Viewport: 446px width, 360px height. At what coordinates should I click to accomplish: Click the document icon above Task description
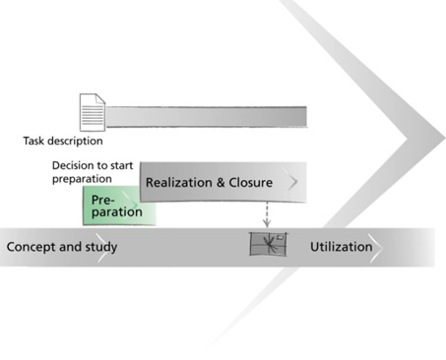pos(93,112)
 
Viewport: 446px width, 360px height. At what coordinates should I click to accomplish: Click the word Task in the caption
pos(33,141)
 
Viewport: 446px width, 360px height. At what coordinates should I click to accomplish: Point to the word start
pos(122,165)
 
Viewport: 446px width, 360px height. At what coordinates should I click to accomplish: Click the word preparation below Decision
pos(82,179)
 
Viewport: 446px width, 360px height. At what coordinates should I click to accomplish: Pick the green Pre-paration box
pos(119,206)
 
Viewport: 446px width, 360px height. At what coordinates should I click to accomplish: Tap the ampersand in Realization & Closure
pos(221,183)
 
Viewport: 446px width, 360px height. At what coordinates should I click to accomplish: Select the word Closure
pos(250,182)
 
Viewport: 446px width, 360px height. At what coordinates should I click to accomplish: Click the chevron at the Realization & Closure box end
pos(290,182)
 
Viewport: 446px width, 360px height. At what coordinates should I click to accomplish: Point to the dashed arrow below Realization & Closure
pos(267,214)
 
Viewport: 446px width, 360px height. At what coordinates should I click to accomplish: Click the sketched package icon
pos(268,244)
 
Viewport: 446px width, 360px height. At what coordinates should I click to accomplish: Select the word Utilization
pos(342,247)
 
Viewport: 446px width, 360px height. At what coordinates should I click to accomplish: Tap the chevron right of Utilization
pos(375,248)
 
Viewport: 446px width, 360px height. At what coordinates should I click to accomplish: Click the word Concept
pos(28,247)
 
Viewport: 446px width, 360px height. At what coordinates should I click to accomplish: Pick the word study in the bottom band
pos(101,247)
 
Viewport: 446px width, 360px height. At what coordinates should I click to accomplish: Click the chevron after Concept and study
pos(104,248)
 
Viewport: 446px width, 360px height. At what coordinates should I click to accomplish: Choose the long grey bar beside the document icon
pos(206,116)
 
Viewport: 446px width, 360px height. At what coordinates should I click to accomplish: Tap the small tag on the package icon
pos(280,237)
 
